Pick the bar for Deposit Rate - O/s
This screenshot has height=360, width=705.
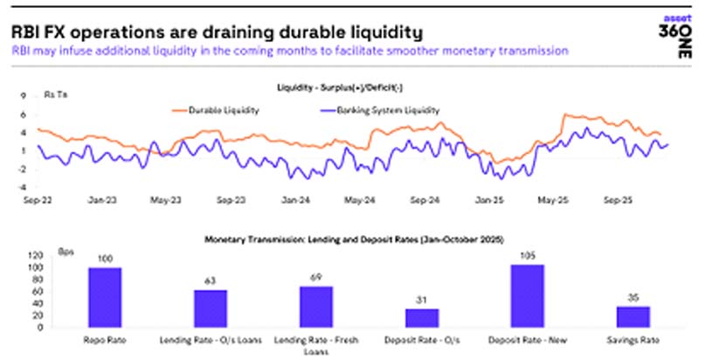click(421, 316)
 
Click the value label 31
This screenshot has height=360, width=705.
click(421, 301)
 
